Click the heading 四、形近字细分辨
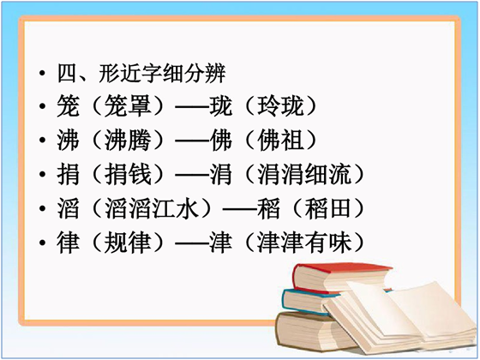[x=141, y=74]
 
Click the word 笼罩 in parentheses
[x=129, y=106]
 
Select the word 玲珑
[x=281, y=106]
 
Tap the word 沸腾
[x=129, y=141]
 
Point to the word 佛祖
[x=281, y=141]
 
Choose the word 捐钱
[x=129, y=175]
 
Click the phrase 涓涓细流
[x=304, y=175]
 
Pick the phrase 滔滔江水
[x=152, y=208]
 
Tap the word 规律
[x=129, y=243]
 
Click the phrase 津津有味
[x=304, y=243]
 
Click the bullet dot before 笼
[x=42, y=106]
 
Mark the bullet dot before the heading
[x=42, y=74]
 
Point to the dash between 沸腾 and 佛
[x=192, y=141]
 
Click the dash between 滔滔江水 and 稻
[x=240, y=209]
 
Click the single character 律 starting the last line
[x=69, y=243]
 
